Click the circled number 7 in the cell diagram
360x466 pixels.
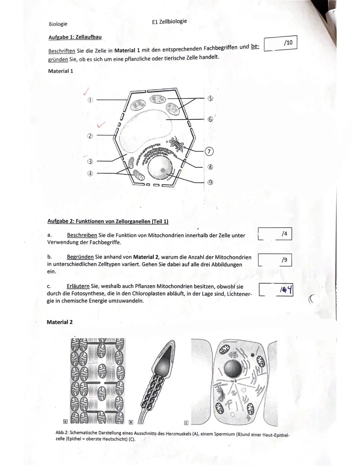[x=209, y=151]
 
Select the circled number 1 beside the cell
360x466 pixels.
[x=90, y=100]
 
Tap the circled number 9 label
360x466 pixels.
[x=210, y=182]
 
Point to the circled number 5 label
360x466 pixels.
[x=210, y=98]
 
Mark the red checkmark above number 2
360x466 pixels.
[x=100, y=125]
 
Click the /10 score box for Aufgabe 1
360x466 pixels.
[x=280, y=43]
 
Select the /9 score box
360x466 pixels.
[x=275, y=260]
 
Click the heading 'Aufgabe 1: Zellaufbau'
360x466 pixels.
[x=75, y=37]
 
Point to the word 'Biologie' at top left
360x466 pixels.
[x=58, y=24]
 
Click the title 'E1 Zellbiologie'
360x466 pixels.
[x=169, y=21]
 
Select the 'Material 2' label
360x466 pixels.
[x=60, y=322]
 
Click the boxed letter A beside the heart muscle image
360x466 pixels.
[x=66, y=421]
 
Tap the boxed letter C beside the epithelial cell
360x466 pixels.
[x=186, y=423]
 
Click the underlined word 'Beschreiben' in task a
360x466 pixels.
[x=82, y=235]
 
